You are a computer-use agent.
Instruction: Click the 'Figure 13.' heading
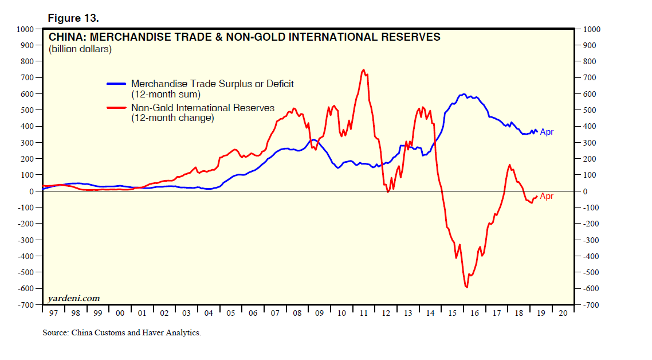[73, 18]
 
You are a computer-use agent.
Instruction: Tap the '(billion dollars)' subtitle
[80, 49]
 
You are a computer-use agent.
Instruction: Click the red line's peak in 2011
[363, 70]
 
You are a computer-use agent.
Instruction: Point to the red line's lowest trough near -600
[467, 287]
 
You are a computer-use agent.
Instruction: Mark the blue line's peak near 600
[464, 94]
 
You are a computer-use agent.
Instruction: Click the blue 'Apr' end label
[547, 132]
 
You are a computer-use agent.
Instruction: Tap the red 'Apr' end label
[547, 197]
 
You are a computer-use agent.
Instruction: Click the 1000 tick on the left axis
[25, 29]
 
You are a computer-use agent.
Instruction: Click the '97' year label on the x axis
[53, 314]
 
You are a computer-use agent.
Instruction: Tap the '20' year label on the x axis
[563, 314]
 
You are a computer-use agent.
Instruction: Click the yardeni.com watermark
[73, 298]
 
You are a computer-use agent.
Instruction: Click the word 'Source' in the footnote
[56, 332]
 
